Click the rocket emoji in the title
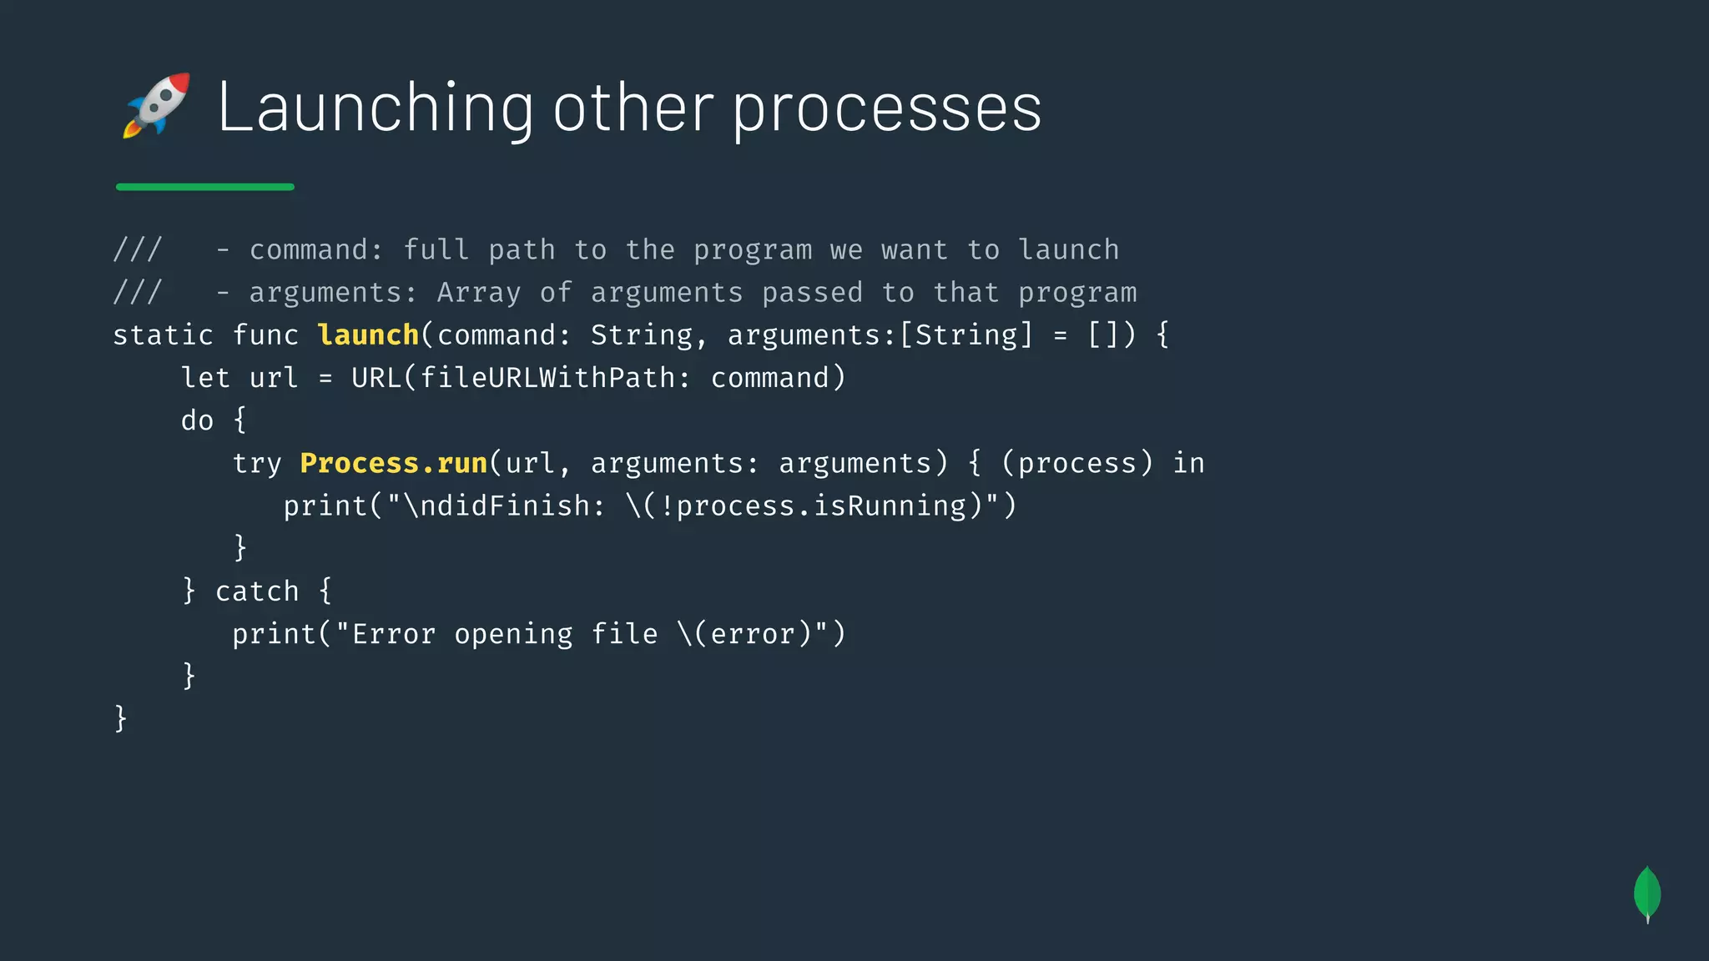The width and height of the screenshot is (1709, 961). [157, 105]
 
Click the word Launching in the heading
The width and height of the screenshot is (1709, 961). [375, 108]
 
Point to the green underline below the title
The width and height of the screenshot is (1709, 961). [205, 187]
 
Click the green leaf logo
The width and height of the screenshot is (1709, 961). [1646, 893]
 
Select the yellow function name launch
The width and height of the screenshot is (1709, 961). [368, 335]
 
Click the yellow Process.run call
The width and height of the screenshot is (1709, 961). [393, 463]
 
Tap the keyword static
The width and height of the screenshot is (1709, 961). [163, 335]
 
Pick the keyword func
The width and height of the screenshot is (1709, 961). [265, 335]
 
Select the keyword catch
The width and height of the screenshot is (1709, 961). [257, 591]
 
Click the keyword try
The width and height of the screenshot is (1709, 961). [257, 464]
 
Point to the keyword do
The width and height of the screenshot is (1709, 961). [198, 420]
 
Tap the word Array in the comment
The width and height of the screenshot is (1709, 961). [478, 293]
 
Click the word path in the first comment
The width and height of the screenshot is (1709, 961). [522, 250]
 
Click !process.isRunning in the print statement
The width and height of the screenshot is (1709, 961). [812, 506]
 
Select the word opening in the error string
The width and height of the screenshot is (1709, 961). [513, 635]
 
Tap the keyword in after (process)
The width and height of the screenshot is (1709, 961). [1188, 463]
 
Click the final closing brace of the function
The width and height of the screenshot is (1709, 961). [121, 718]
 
